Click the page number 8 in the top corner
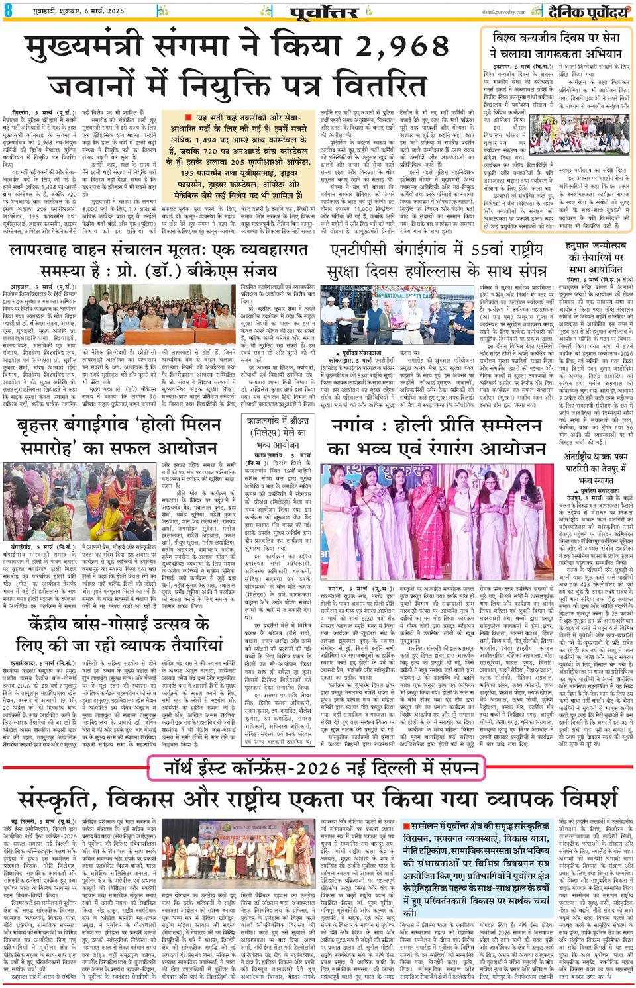(7, 9)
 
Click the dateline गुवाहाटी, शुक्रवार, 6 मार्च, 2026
(58, 8)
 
